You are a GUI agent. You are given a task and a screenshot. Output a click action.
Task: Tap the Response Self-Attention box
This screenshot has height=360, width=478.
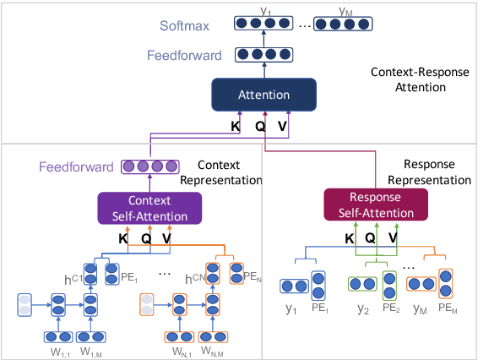point(376,205)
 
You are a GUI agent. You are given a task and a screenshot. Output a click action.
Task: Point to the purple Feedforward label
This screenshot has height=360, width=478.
point(74,167)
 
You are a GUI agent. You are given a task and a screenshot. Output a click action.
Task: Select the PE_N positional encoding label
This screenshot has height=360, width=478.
point(254,275)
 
